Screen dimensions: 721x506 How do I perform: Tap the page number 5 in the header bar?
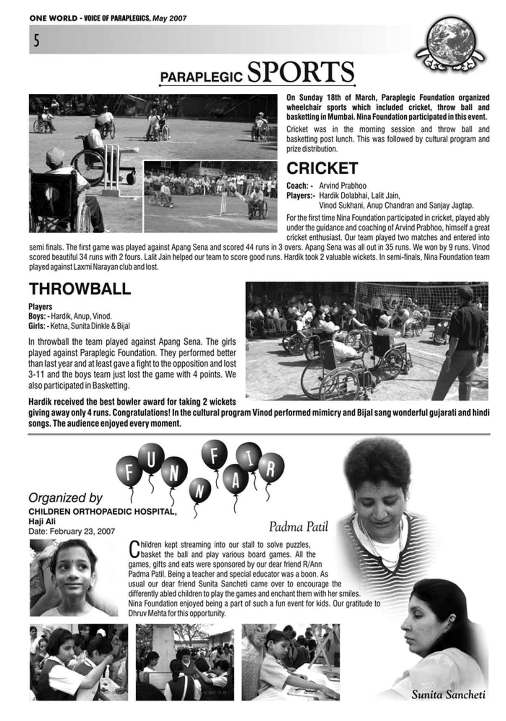(x=36, y=41)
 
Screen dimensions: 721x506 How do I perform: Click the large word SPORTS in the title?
(x=300, y=72)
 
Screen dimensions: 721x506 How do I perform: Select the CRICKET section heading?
(x=322, y=168)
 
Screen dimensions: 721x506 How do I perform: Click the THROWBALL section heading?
(x=80, y=289)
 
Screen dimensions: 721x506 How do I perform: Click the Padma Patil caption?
(x=298, y=526)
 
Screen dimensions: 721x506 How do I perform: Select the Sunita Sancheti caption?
(x=448, y=695)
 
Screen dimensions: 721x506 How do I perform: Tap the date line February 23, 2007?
(x=72, y=531)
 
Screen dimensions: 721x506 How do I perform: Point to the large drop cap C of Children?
(x=134, y=549)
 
